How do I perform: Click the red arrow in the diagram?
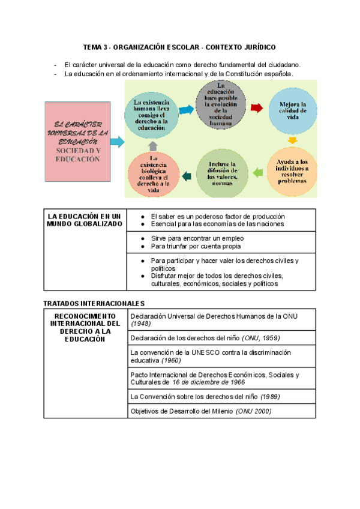[256, 108]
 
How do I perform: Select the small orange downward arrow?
[292, 140]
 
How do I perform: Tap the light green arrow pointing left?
[258, 173]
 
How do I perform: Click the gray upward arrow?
[152, 145]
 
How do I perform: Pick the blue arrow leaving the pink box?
[117, 142]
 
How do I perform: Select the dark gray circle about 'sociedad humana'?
[221, 106]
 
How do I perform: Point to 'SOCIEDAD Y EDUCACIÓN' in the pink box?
[77, 155]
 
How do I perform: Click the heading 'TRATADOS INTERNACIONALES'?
[95, 304]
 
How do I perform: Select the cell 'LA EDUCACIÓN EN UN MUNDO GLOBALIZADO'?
[84, 220]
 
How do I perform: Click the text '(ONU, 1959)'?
[260, 338]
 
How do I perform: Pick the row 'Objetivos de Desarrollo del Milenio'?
[201, 411]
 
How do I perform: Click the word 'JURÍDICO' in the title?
[259, 47]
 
